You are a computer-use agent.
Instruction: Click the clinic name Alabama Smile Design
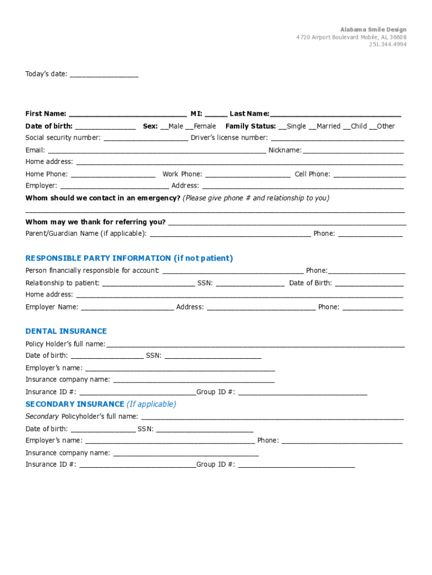373,29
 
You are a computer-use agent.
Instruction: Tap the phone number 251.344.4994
388,44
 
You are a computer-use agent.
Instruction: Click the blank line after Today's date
104,75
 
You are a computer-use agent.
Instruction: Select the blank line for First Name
127,115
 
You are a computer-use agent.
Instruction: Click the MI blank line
216,115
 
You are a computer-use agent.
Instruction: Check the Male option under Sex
164,127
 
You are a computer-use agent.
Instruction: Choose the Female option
189,127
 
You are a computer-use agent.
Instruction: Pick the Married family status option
312,127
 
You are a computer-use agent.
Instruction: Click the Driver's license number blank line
337,139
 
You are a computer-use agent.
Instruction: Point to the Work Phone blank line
247,175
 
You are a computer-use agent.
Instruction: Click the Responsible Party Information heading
129,258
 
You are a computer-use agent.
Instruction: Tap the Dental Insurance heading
66,331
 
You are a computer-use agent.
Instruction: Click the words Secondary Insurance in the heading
75,404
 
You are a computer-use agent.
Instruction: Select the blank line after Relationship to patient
148,284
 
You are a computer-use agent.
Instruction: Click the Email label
34,150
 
